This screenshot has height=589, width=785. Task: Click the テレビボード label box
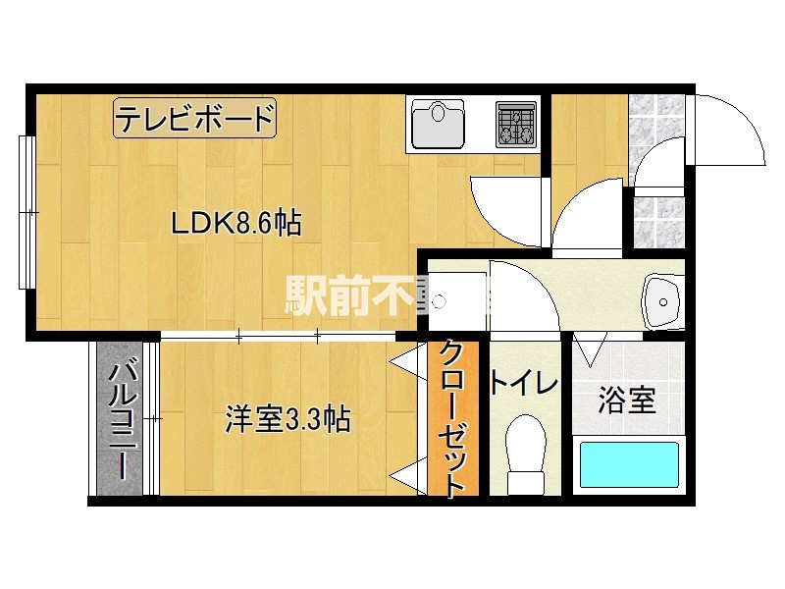point(194,119)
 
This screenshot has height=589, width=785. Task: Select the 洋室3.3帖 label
point(288,419)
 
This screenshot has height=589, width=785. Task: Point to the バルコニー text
point(123,419)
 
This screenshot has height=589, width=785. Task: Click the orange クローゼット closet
point(451,417)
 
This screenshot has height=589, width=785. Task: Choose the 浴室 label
point(626,401)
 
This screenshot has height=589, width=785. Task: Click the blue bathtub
point(628,464)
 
